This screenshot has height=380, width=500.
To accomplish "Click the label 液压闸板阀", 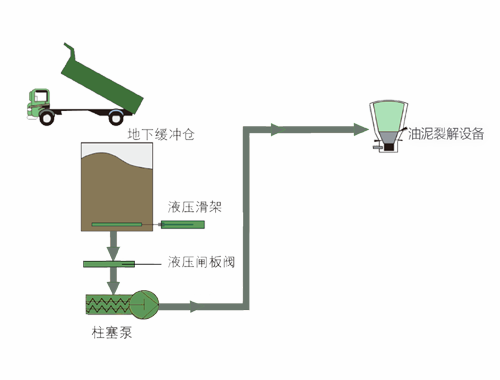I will point(200,262).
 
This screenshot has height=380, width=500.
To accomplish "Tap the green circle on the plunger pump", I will point(146,300).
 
